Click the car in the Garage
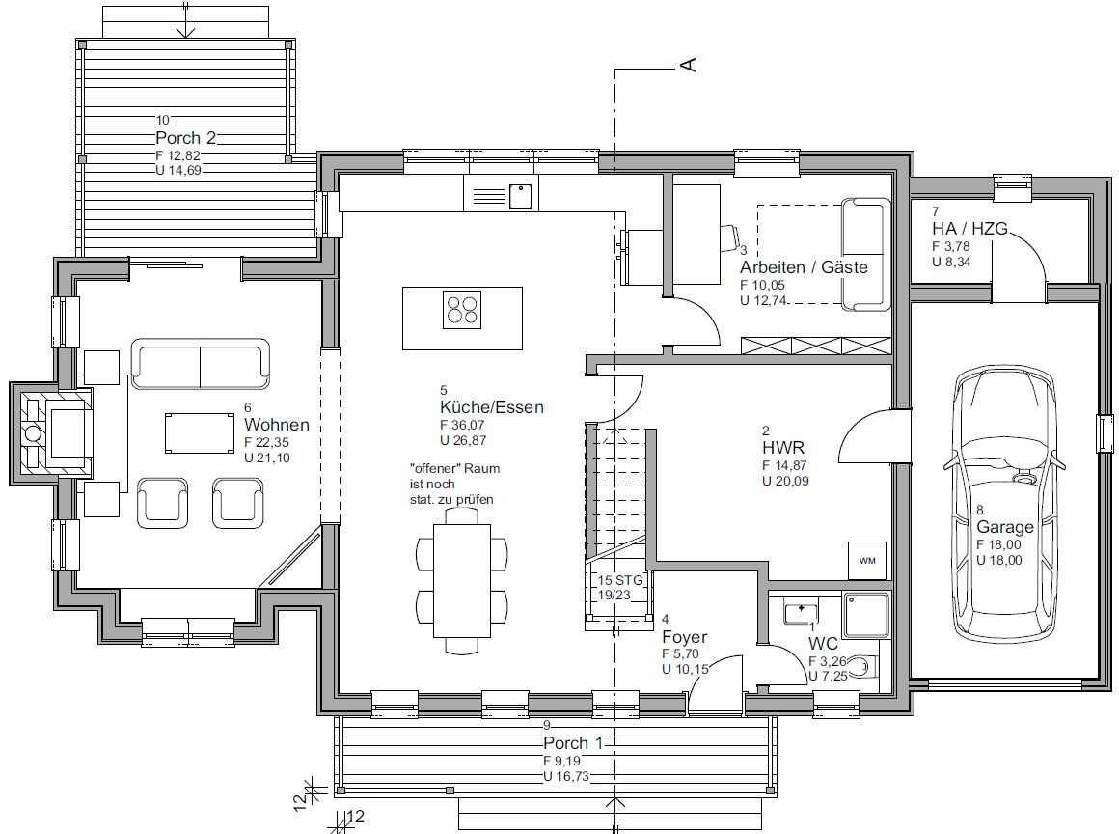coord(1005,505)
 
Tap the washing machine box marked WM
coord(867,561)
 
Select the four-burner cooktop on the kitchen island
coord(462,310)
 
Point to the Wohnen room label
coord(276,425)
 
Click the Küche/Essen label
coord(492,407)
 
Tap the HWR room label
coord(783,448)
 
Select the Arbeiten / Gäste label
coord(804,267)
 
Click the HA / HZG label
coord(969,229)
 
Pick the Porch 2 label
coord(185,138)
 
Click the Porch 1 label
coord(573,743)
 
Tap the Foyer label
coord(684,637)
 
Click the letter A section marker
coord(690,65)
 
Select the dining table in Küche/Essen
coord(462,580)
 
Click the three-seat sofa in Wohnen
coord(201,364)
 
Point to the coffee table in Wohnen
coord(199,432)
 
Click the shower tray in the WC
coord(866,614)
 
